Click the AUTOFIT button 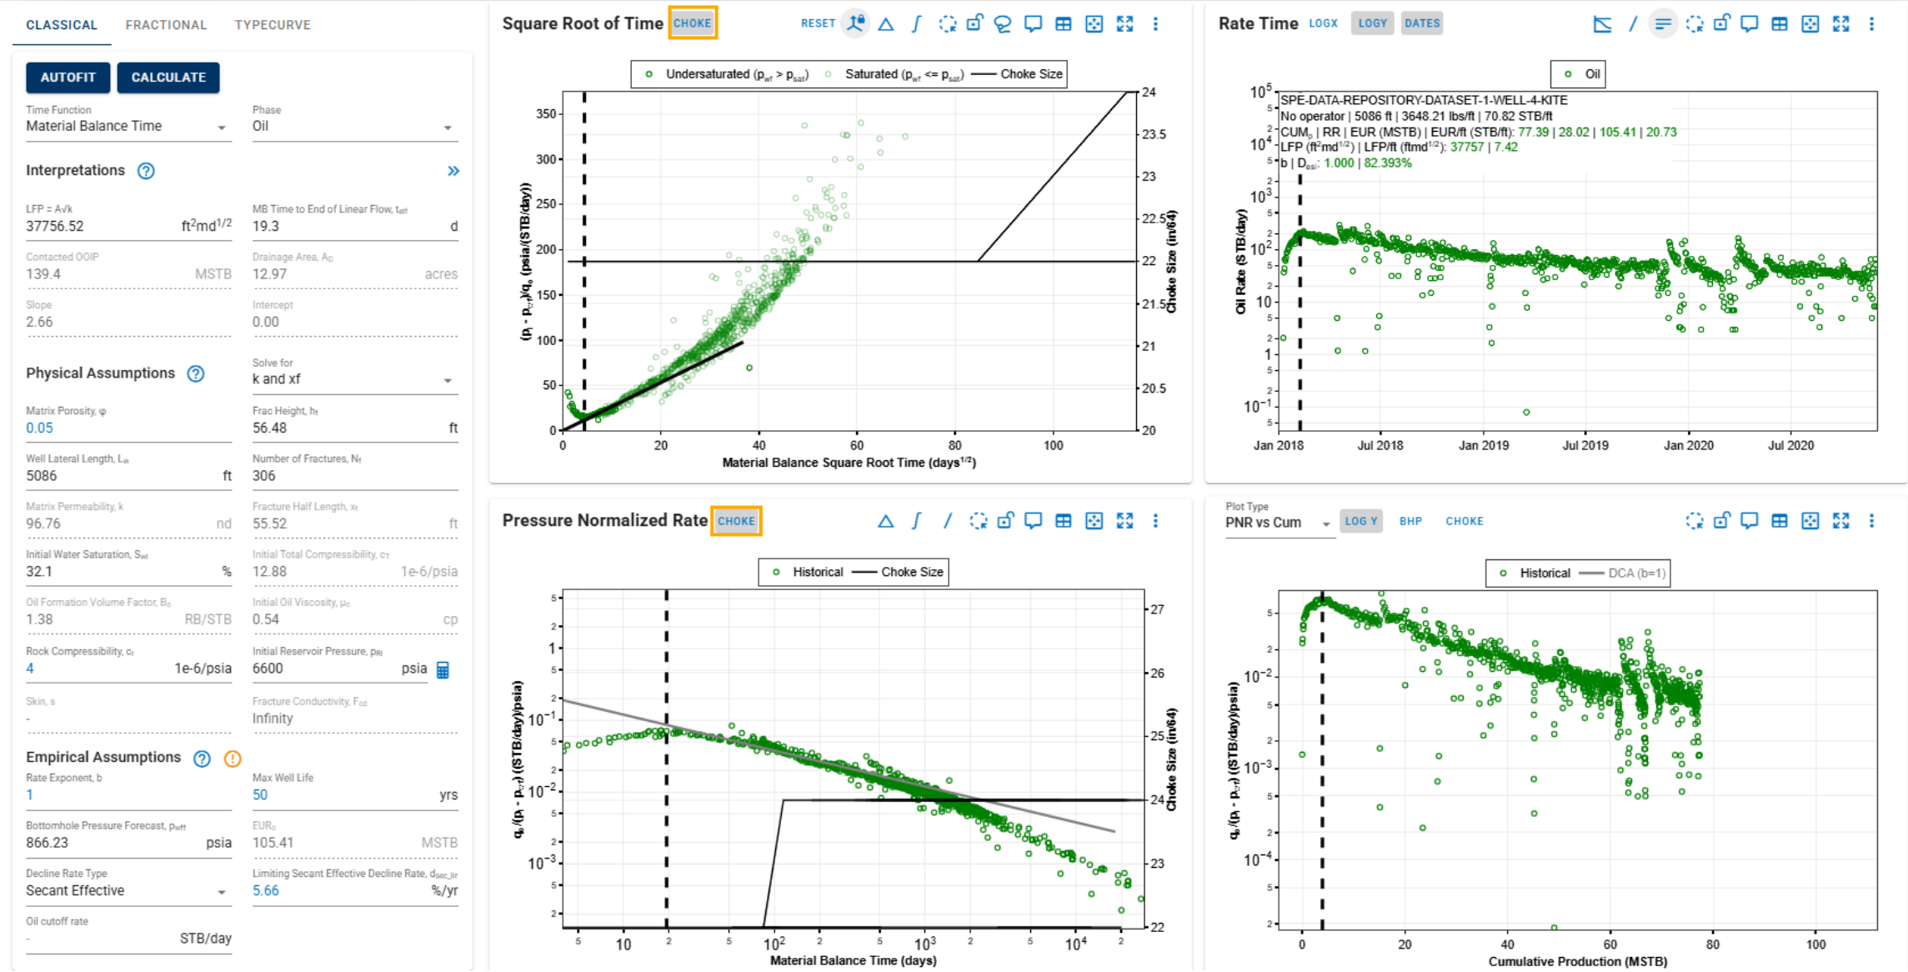pyautogui.click(x=68, y=78)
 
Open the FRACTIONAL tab pyautogui.click(x=166, y=25)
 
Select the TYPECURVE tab pyautogui.click(x=273, y=25)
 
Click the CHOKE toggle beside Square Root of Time pyautogui.click(x=692, y=23)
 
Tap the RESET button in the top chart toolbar pyautogui.click(x=817, y=23)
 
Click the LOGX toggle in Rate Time pyautogui.click(x=1323, y=23)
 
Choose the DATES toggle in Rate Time pyautogui.click(x=1421, y=23)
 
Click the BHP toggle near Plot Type pyautogui.click(x=1410, y=521)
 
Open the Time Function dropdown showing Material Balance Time pyautogui.click(x=125, y=127)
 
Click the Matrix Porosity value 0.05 pyautogui.click(x=39, y=428)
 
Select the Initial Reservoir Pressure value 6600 pyautogui.click(x=268, y=669)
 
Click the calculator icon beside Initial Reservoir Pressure pyautogui.click(x=443, y=669)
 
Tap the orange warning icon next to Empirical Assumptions pyautogui.click(x=233, y=759)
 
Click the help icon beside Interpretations pyautogui.click(x=146, y=171)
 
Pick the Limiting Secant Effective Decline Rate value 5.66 pyautogui.click(x=266, y=891)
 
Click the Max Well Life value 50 pyautogui.click(x=260, y=795)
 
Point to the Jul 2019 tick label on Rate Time pyautogui.click(x=1585, y=445)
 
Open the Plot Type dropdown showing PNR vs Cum pyautogui.click(x=1277, y=523)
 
